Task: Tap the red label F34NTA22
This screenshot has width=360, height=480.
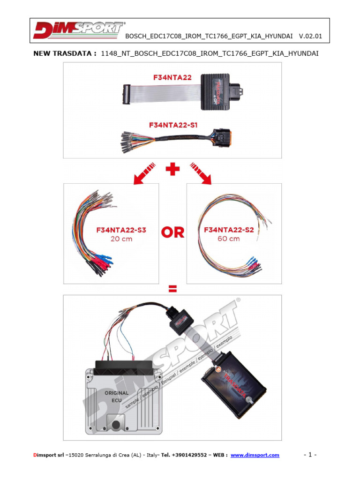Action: (173, 78)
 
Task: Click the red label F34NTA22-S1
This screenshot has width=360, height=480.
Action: (173, 125)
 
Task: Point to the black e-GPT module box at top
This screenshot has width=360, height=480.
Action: (222, 91)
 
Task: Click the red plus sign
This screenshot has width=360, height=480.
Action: (172, 169)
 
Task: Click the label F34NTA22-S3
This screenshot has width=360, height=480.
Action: (121, 230)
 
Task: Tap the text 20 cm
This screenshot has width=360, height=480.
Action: (121, 239)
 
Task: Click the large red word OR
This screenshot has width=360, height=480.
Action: (172, 232)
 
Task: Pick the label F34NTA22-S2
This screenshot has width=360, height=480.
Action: (229, 230)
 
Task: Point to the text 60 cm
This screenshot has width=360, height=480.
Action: (229, 239)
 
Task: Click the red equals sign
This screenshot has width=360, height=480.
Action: (172, 290)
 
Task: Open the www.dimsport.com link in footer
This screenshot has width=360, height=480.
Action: (255, 455)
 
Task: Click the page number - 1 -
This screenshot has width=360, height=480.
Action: (310, 455)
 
